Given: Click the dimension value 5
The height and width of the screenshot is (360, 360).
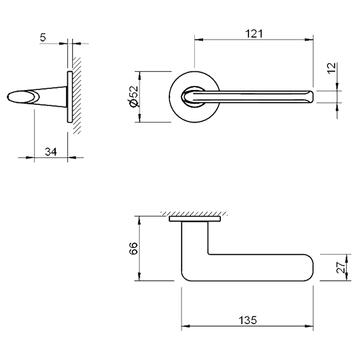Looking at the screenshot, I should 43,38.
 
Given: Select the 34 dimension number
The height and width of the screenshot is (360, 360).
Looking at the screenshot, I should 51,152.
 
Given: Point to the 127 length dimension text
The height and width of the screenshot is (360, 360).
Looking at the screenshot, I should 253,34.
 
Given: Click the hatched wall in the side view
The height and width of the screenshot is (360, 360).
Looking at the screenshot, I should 77,95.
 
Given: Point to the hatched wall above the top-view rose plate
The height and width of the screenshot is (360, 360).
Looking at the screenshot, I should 194,213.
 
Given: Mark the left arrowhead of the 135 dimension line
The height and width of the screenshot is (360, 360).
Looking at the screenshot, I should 184,327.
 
